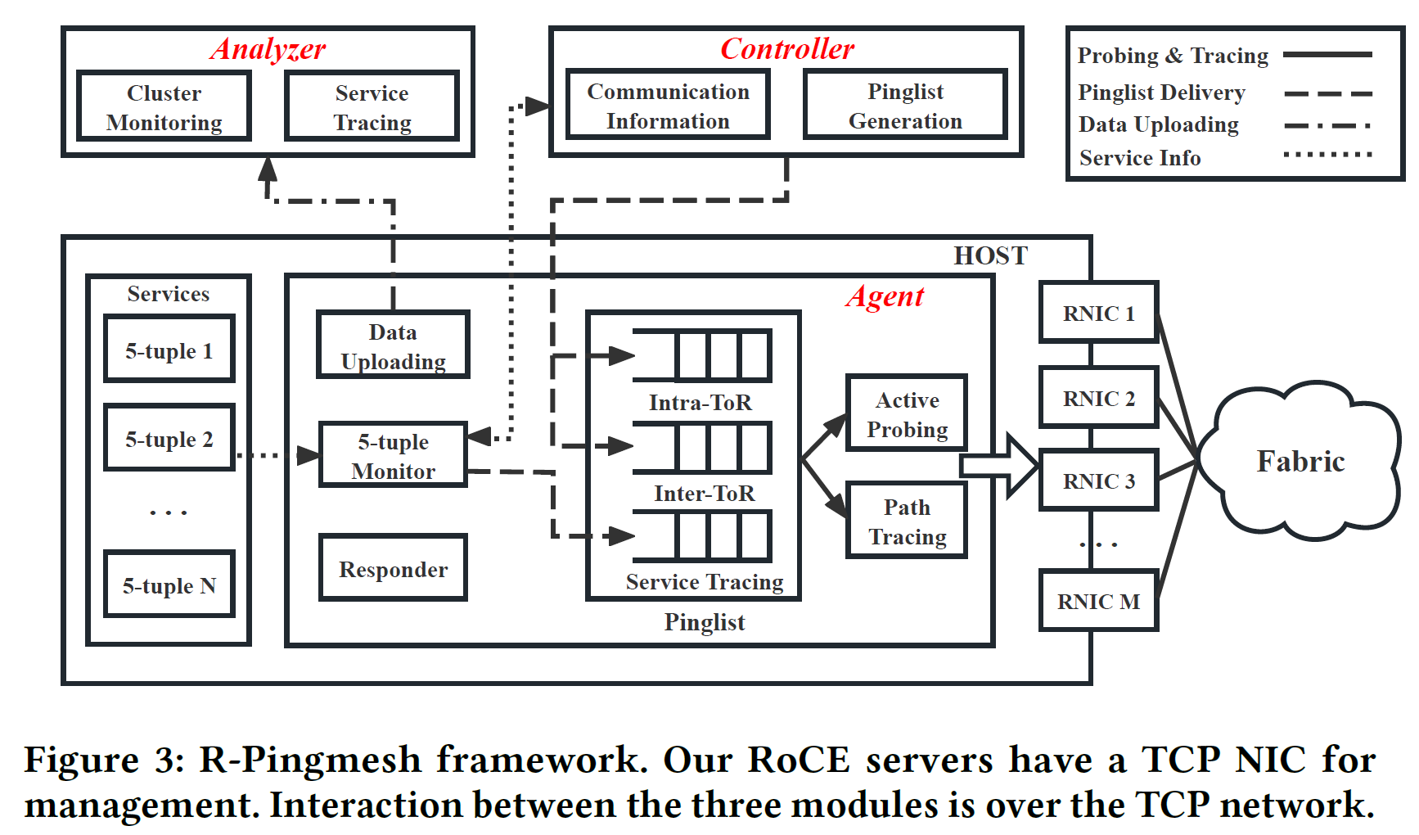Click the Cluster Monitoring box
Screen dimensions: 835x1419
coord(164,106)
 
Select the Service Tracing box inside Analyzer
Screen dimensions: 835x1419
coord(372,106)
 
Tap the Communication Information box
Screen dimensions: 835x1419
coord(668,106)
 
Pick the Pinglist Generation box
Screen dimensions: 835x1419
coord(905,106)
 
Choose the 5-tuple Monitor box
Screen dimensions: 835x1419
coord(393,456)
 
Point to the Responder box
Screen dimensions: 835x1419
coord(393,569)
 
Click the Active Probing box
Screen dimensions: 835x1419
coord(907,414)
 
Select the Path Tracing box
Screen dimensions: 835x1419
coord(907,521)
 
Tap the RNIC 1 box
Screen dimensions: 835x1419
coord(1098,313)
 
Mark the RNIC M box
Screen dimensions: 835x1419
coord(1098,601)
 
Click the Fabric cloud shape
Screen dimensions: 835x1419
coord(1301,462)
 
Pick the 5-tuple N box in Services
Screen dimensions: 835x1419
coord(169,585)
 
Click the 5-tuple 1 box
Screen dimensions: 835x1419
coord(169,350)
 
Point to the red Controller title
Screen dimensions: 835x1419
coord(786,49)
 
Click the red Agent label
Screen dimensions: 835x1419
coord(885,296)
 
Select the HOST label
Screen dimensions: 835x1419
coord(990,256)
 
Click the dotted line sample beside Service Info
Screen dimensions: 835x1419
coord(1327,155)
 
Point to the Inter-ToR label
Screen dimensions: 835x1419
coord(704,494)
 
